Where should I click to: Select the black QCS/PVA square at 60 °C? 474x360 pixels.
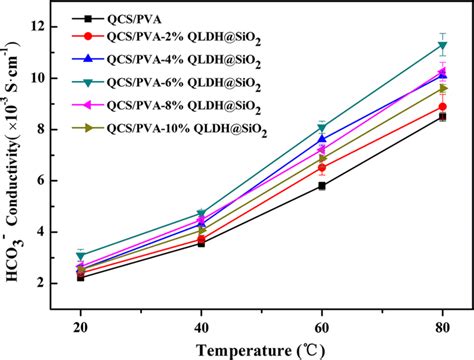[x=322, y=186]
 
